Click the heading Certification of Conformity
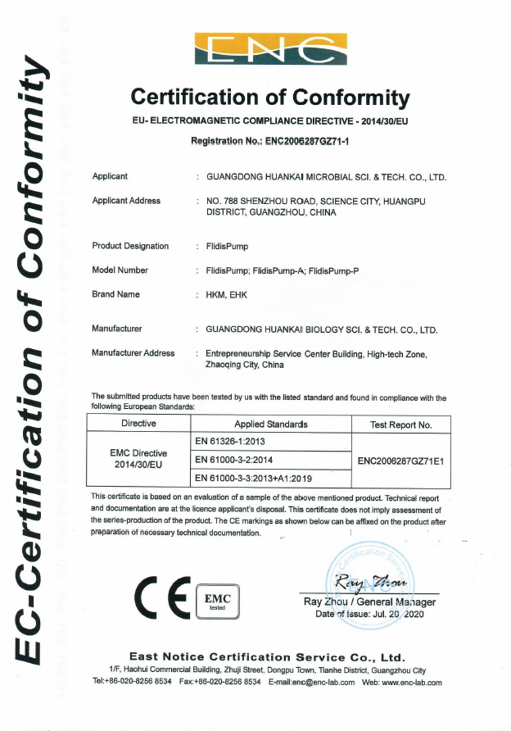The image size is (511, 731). (x=270, y=98)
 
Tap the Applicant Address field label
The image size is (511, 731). (x=126, y=201)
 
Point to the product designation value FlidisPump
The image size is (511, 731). (x=228, y=246)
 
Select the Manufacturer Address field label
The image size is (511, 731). (x=133, y=353)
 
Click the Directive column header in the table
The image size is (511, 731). (x=138, y=425)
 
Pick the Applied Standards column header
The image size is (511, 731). (x=271, y=425)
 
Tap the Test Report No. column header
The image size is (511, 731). (x=401, y=425)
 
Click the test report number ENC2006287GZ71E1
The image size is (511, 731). (x=401, y=461)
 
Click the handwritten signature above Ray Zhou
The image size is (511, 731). (x=365, y=583)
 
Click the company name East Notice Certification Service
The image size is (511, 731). (x=267, y=657)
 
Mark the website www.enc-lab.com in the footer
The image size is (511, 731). (x=414, y=682)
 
